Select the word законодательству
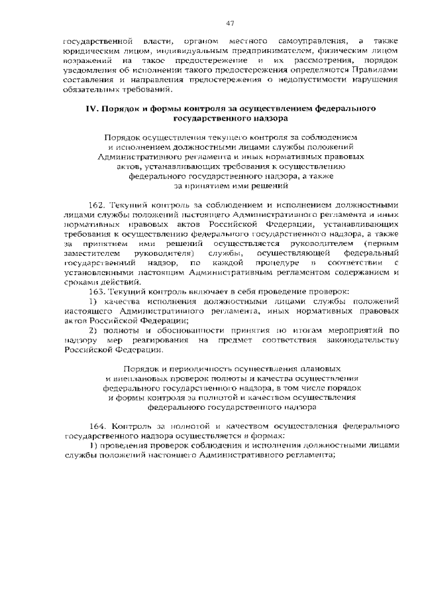360,339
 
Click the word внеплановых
135,377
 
